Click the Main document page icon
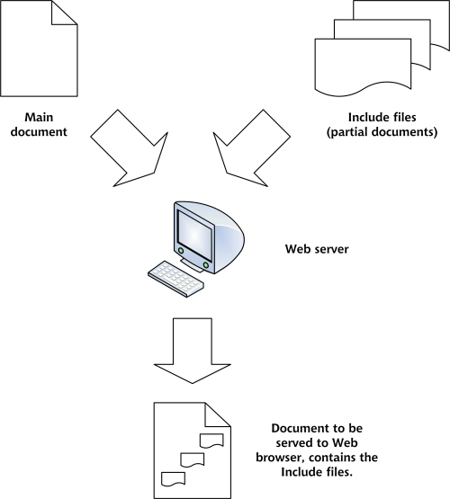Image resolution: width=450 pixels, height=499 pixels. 39,49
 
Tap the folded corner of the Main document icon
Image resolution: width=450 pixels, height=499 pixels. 64,13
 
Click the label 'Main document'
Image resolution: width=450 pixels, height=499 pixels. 39,124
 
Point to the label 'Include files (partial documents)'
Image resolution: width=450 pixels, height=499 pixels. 382,124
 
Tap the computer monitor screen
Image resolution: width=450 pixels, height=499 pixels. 194,236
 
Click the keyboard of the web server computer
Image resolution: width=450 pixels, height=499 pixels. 176,279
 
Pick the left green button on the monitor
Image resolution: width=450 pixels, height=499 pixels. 181,251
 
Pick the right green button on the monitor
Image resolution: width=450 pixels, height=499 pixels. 206,265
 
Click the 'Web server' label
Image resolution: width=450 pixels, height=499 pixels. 317,249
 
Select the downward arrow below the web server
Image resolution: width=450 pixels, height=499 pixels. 193,350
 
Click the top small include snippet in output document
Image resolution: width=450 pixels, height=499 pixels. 211,441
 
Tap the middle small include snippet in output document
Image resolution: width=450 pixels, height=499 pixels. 193,459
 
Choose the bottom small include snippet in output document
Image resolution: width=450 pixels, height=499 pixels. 173,479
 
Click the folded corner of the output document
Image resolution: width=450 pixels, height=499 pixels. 218,414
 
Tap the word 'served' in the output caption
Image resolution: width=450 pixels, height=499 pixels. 295,442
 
